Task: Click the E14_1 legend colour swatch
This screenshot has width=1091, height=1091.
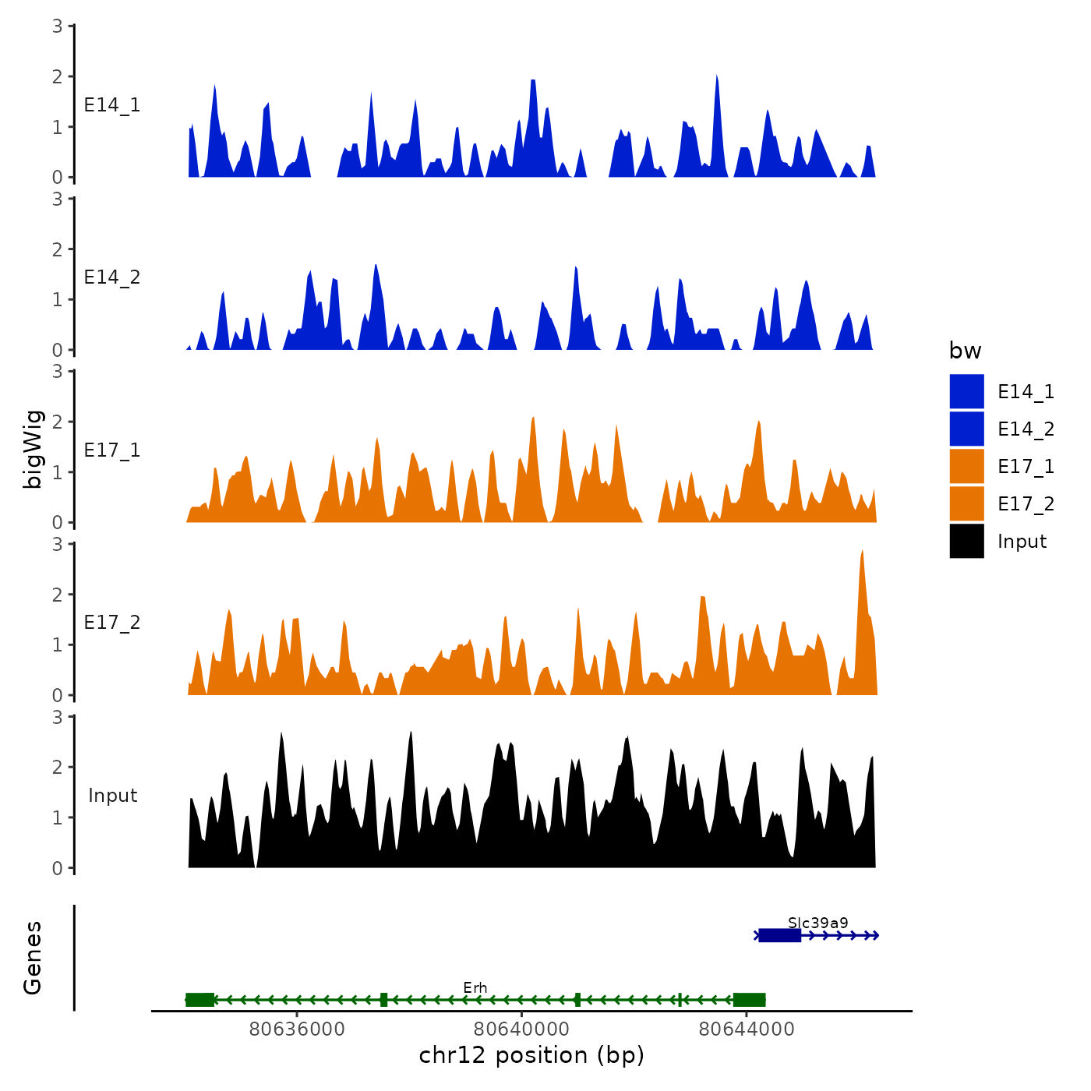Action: pyautogui.click(x=966, y=391)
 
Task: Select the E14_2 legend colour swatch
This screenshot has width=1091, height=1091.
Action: pyautogui.click(x=966, y=429)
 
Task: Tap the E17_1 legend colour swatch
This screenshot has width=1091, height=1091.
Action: pyautogui.click(x=966, y=466)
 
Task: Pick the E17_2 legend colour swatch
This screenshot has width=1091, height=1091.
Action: pyautogui.click(x=966, y=503)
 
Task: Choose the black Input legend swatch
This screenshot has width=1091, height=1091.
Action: pyautogui.click(x=966, y=541)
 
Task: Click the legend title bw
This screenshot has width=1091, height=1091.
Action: pyautogui.click(x=965, y=351)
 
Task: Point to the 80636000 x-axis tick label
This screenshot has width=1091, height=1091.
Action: pyautogui.click(x=297, y=1029)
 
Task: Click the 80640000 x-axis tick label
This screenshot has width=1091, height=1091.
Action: pyautogui.click(x=521, y=1029)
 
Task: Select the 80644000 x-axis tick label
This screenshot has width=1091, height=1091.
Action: pyautogui.click(x=747, y=1029)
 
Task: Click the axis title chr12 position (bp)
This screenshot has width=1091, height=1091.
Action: pyautogui.click(x=531, y=1055)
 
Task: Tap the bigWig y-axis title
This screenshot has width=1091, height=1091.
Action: pyautogui.click(x=33, y=449)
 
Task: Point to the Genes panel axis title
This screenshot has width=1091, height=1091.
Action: pyautogui.click(x=33, y=958)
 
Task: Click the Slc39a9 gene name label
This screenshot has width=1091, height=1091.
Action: pyautogui.click(x=817, y=923)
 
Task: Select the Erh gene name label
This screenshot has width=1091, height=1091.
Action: pyautogui.click(x=475, y=988)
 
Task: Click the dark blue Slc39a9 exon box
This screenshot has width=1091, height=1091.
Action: pyautogui.click(x=779, y=935)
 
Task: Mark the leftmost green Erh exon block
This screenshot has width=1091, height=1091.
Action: pyautogui.click(x=199, y=1000)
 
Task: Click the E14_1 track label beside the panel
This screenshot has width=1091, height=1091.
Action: pyautogui.click(x=112, y=105)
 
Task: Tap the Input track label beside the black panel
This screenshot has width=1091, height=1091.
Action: pyautogui.click(x=112, y=796)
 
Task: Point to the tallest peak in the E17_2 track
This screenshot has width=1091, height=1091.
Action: pyautogui.click(x=862, y=552)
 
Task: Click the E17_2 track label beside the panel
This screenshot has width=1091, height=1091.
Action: pyautogui.click(x=112, y=623)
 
